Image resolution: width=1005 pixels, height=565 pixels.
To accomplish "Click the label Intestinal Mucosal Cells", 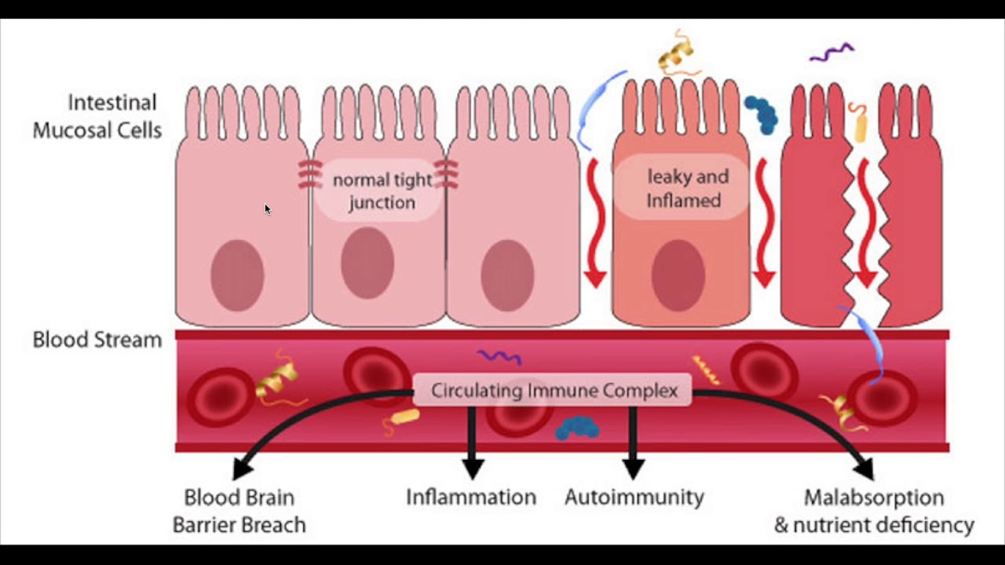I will click(97, 116).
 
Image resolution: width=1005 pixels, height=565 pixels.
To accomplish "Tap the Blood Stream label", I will click(97, 340).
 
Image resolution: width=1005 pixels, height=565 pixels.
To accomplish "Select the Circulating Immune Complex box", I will click(554, 390).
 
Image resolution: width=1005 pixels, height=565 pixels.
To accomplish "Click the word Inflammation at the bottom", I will click(471, 497).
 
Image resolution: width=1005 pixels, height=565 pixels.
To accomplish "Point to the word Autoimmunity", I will click(634, 497).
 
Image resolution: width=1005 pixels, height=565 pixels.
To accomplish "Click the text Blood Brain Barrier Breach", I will click(239, 511).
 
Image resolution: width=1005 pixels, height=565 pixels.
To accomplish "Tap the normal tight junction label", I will click(382, 191).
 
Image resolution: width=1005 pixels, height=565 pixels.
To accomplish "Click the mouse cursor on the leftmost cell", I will click(267, 209).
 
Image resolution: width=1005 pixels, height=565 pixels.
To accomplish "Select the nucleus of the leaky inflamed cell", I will click(678, 275).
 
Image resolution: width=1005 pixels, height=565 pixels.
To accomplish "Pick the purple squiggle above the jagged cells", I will click(831, 53).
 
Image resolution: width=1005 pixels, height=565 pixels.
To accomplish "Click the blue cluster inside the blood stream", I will click(577, 428).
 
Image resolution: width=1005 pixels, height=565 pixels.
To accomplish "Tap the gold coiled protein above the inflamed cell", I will click(677, 53).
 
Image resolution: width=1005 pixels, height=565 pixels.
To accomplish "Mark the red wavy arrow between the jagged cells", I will click(864, 224).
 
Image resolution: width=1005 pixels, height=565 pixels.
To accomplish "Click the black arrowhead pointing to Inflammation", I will click(472, 468).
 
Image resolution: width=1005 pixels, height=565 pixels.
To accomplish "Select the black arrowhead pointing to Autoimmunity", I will click(633, 468).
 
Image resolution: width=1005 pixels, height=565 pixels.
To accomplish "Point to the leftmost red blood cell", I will click(221, 397).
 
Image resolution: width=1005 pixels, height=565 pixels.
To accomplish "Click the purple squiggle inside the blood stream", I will click(500, 356).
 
